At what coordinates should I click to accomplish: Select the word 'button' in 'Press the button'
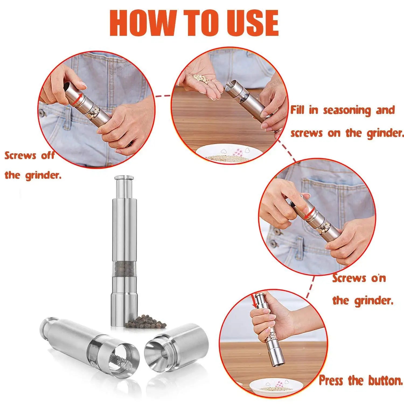[385, 381]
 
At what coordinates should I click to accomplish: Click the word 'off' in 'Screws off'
[48, 155]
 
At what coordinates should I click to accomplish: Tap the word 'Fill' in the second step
[298, 110]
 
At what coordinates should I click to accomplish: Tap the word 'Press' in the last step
[331, 381]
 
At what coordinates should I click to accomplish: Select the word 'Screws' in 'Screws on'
[349, 278]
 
